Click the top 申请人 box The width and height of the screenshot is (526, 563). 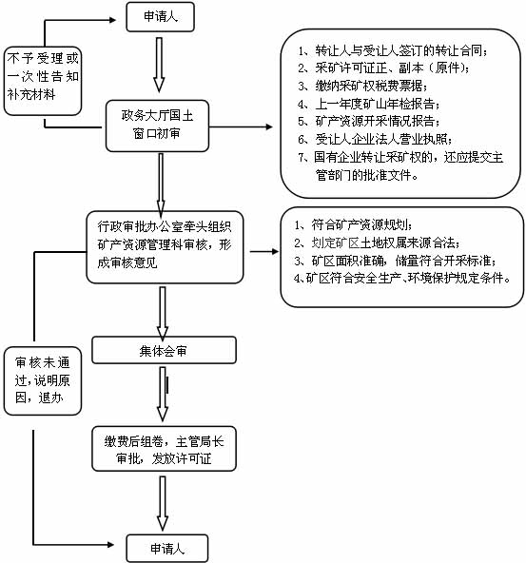160,17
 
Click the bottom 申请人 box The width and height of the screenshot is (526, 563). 167,549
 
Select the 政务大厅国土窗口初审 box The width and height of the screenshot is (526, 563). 157,126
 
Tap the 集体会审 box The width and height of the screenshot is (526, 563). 164,350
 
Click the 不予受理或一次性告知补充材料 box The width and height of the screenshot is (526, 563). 43,81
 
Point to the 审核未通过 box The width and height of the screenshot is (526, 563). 43,380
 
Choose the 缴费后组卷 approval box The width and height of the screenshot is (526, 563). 164,449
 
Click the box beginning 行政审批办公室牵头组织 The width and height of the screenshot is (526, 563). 165,247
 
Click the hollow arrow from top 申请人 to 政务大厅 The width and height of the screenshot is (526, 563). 159,65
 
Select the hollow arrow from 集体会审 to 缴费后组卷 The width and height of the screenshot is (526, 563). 163,394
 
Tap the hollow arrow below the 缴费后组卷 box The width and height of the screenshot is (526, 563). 163,503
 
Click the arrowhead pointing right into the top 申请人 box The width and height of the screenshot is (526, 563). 112,20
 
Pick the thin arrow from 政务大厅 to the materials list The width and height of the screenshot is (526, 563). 241,126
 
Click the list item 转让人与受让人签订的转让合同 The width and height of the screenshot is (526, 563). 393,50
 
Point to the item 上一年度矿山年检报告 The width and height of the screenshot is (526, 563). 369,104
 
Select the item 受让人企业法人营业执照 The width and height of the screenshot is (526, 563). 375,139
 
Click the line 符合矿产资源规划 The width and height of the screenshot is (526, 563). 353,224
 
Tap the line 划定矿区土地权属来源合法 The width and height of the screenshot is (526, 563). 377,243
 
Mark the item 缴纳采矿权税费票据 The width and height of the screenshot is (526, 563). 363,86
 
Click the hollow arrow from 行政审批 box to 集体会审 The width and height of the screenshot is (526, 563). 163,314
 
